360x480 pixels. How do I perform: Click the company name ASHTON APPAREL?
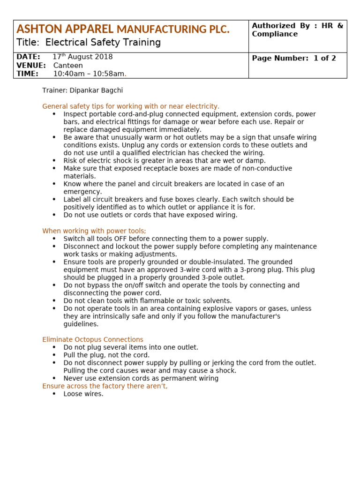tap(65, 30)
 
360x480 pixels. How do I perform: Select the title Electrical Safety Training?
tap(89, 43)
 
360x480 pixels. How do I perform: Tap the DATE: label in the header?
tap(28, 57)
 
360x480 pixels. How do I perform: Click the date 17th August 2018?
tap(82, 57)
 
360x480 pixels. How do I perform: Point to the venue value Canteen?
tap(67, 66)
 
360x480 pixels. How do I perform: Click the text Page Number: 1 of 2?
tap(294, 59)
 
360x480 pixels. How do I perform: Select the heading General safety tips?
tap(131, 106)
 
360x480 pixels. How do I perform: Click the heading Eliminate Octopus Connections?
tap(93, 339)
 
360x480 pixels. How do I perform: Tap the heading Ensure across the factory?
tap(105, 386)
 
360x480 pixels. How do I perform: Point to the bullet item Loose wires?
tap(83, 394)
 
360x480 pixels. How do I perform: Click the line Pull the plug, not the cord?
tap(106, 355)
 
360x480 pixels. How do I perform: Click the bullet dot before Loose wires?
tap(54, 394)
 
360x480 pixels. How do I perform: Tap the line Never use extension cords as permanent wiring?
tap(141, 378)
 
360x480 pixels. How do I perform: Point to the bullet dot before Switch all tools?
tap(54, 239)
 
